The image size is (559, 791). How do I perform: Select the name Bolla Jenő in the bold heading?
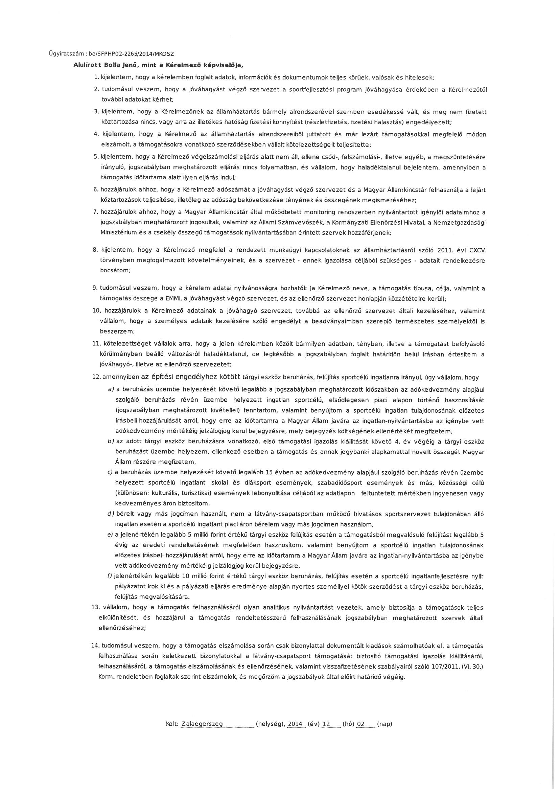118,65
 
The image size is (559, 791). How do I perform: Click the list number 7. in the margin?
96,211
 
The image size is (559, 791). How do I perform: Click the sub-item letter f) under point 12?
110,576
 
